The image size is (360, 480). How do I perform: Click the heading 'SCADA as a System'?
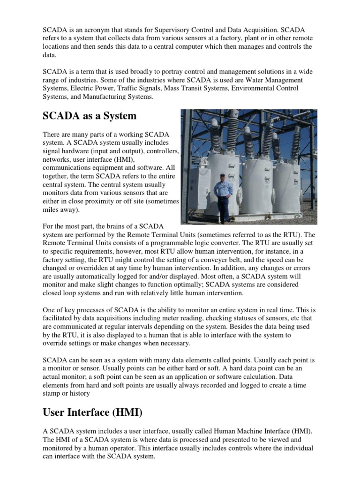(90, 116)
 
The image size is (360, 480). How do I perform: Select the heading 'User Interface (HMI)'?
(93, 412)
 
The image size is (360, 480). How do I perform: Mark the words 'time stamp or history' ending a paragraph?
(60, 390)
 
